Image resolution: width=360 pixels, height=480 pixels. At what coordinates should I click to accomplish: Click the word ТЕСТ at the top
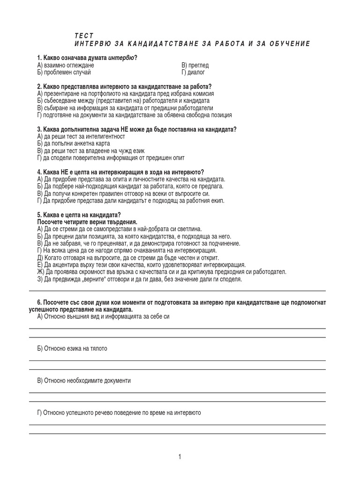click(84, 36)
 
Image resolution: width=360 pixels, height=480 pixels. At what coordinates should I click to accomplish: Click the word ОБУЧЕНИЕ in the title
click(286, 44)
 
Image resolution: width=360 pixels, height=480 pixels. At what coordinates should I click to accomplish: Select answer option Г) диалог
click(193, 73)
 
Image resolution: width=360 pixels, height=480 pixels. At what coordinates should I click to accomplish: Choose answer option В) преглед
click(195, 65)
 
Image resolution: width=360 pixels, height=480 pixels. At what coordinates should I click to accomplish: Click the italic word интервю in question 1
click(121, 58)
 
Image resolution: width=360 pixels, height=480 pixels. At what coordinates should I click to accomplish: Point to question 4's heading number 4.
click(39, 172)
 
